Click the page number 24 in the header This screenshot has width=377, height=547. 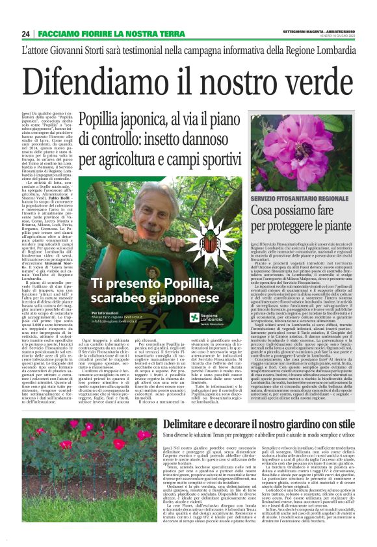coord(25,34)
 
